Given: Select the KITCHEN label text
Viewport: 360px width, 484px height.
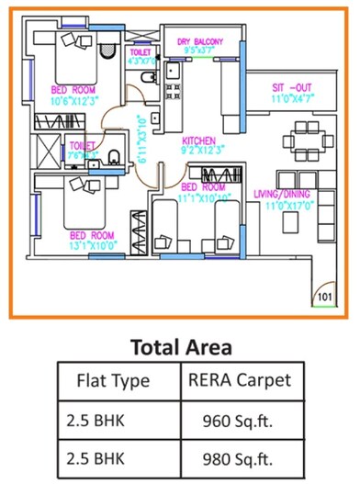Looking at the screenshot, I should tap(199, 141).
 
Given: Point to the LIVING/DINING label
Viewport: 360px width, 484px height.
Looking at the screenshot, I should tap(284, 193).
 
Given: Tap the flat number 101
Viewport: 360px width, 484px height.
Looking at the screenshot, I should tap(324, 297).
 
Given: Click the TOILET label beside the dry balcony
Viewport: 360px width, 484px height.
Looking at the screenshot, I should tap(140, 52).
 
